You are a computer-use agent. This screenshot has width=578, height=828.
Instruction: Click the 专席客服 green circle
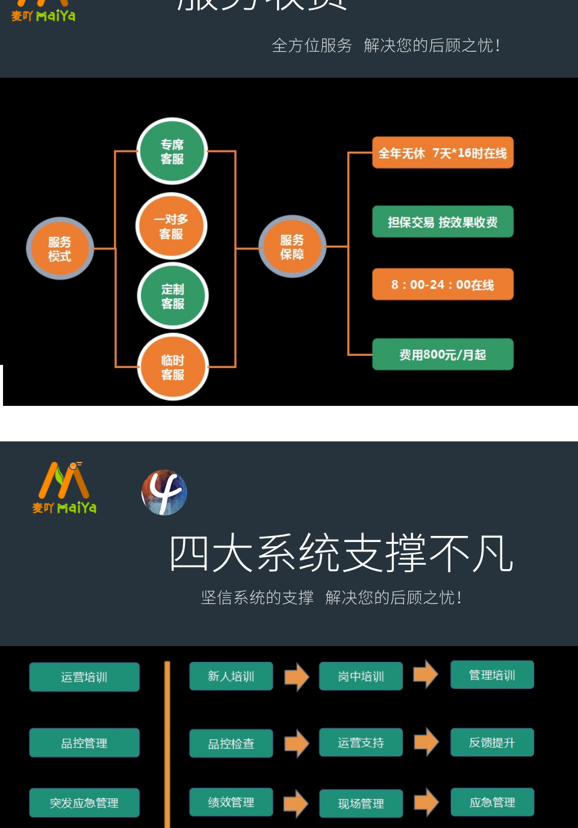pos(172,152)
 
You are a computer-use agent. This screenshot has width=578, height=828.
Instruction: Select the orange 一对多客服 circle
pos(172,226)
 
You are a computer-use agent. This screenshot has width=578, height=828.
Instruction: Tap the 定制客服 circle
pos(173,296)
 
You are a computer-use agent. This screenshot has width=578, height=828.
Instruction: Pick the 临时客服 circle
pos(173,367)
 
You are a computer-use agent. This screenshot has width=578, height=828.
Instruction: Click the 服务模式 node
pos(60,249)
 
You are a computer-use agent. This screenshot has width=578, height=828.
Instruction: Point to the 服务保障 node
pos(292,247)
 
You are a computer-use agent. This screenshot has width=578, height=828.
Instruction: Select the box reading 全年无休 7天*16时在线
pos(443,153)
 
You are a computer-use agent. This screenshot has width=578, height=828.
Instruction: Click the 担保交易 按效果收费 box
pos(443,222)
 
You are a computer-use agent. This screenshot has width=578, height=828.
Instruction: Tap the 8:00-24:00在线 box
pos(443,284)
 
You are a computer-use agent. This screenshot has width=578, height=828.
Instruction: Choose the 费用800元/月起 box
pos(443,355)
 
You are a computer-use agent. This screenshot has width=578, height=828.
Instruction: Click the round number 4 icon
pos(164,493)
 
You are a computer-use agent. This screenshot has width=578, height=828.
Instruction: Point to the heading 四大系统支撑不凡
pos(341,553)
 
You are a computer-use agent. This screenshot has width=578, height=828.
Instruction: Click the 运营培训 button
pos(84,677)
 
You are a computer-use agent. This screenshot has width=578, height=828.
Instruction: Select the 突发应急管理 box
pos(84,803)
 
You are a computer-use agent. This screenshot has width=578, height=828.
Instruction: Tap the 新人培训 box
pos(231,676)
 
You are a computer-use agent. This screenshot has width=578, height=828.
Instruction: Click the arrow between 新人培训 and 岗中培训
pos(296,677)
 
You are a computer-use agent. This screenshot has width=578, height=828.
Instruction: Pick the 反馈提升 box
pos(492,742)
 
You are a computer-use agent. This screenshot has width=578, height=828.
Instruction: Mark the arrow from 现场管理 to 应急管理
pos(426,802)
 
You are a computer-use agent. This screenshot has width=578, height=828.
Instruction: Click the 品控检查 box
pos(231,744)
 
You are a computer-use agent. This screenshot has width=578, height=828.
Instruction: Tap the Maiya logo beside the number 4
pos(64,488)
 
